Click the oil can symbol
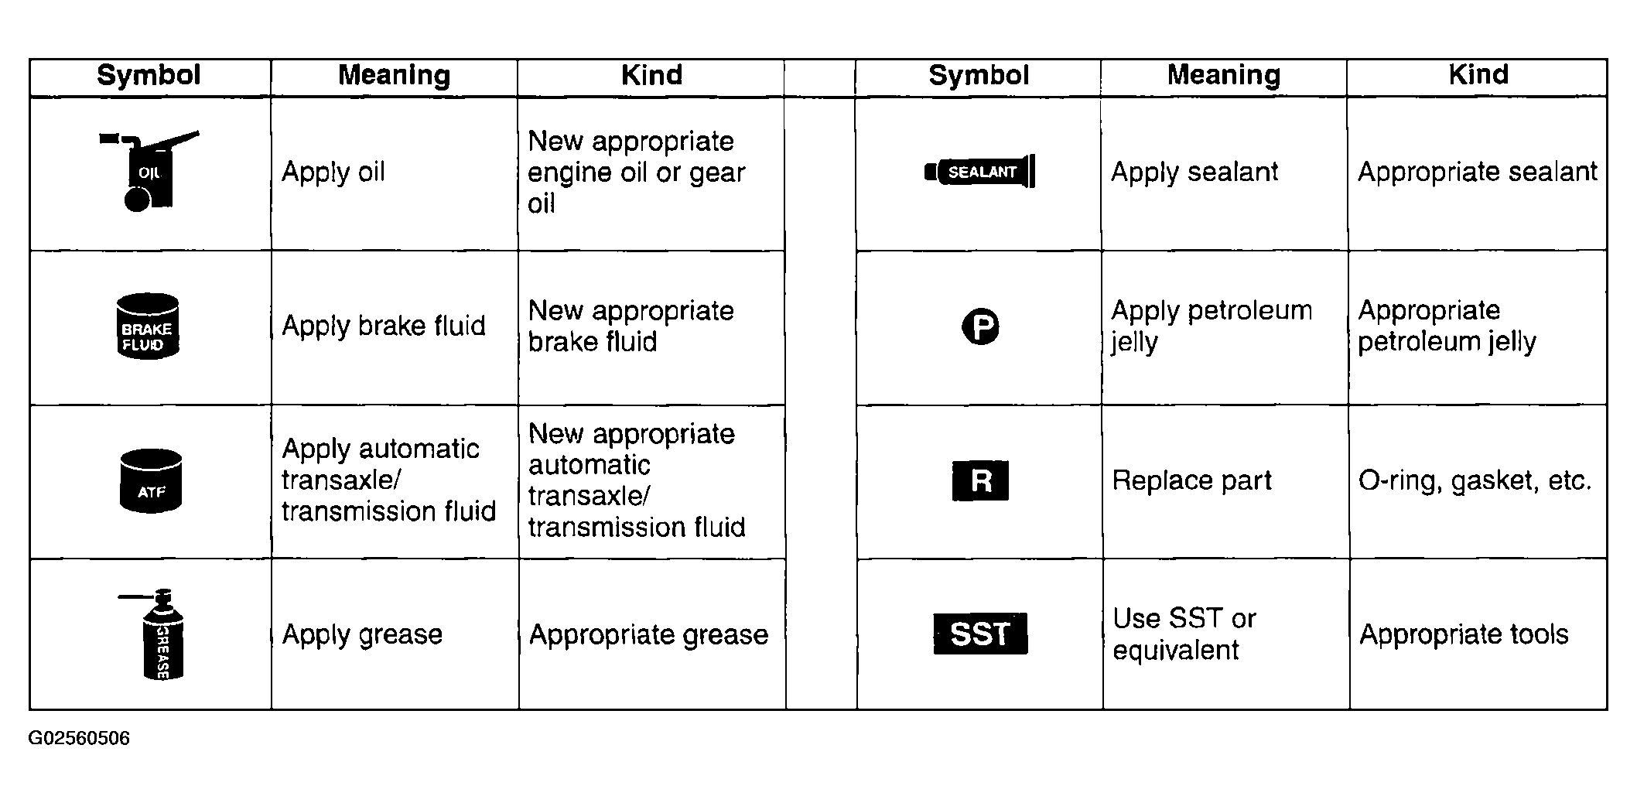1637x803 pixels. tap(149, 171)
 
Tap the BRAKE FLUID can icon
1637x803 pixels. tap(148, 326)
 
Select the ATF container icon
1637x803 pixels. tap(151, 480)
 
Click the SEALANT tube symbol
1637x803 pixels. tap(979, 171)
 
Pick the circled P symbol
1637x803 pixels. tap(980, 326)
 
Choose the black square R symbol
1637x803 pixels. tap(980, 480)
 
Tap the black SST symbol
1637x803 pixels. tap(980, 634)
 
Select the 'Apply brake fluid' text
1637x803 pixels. tap(384, 326)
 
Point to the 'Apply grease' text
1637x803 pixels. tap(362, 634)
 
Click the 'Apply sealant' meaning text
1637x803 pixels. tap(1194, 172)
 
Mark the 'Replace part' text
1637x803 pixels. tap(1191, 480)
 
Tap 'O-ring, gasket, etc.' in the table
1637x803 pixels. tap(1475, 480)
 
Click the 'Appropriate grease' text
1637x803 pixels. tap(648, 634)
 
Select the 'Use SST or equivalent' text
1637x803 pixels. tap(1184, 634)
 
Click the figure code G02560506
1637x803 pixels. tap(79, 739)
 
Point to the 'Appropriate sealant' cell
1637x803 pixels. tap(1478, 172)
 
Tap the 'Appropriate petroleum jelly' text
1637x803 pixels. tap(1447, 326)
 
